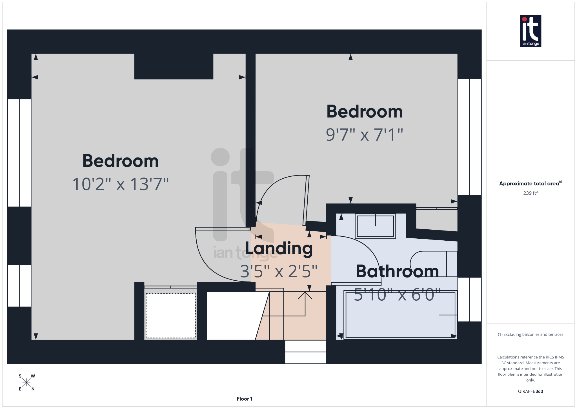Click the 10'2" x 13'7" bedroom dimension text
click(x=121, y=184)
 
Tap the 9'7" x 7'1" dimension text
click(x=364, y=135)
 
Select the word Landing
click(x=279, y=248)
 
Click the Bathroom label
click(x=397, y=271)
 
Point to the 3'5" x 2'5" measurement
click(x=279, y=271)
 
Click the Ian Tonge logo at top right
click(x=530, y=31)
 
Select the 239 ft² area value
click(x=530, y=193)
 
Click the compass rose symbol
click(x=26, y=382)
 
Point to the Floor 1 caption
click(x=244, y=399)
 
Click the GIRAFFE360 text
click(x=530, y=391)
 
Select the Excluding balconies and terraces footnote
click(x=530, y=334)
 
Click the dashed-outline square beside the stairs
click(x=170, y=316)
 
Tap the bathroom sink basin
click(x=375, y=226)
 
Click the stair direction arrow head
click(x=305, y=295)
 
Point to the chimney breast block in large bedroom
click(x=174, y=66)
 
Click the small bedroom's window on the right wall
click(x=469, y=137)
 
